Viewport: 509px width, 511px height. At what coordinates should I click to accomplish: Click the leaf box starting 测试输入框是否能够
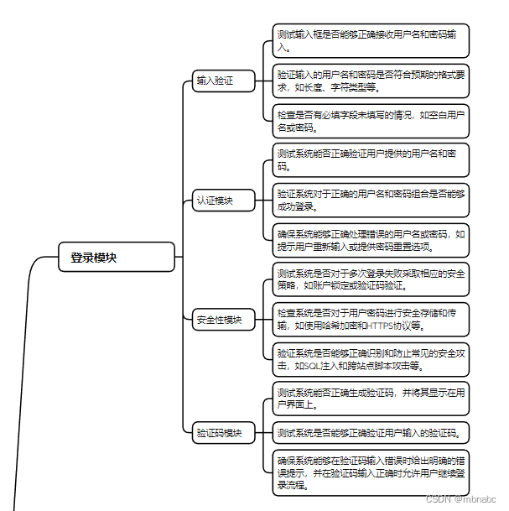pos(370,40)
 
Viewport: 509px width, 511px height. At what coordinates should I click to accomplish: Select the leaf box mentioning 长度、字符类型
pos(370,81)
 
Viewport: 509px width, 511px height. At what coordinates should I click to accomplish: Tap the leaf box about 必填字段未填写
pos(370,120)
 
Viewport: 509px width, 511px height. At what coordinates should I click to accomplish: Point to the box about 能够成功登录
pos(370,201)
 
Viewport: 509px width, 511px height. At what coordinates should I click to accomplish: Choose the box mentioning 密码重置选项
pos(370,240)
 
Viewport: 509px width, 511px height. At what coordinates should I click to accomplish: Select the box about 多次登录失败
pos(370,279)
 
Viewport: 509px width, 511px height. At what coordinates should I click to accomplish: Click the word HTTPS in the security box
pos(380,326)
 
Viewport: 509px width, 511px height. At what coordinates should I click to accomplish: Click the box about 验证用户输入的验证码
pos(370,433)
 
